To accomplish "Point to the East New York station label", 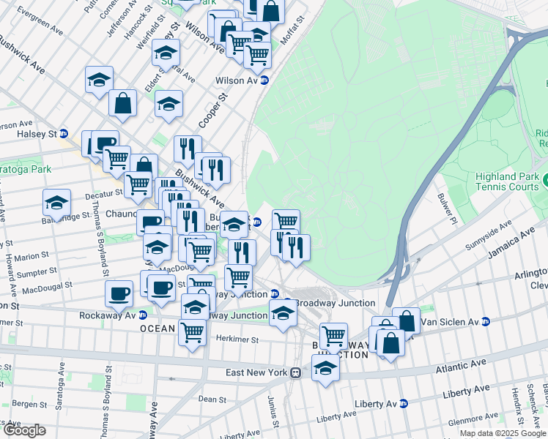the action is click(255, 372).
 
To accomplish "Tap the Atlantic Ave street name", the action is click(461, 364).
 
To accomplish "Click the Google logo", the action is click(24, 430).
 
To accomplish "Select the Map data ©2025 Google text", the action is click(503, 433).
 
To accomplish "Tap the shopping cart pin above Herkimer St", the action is click(192, 333).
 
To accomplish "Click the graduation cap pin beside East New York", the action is click(326, 367).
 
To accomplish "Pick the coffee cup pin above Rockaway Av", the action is click(119, 293).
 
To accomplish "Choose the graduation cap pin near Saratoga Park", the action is click(56, 202).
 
